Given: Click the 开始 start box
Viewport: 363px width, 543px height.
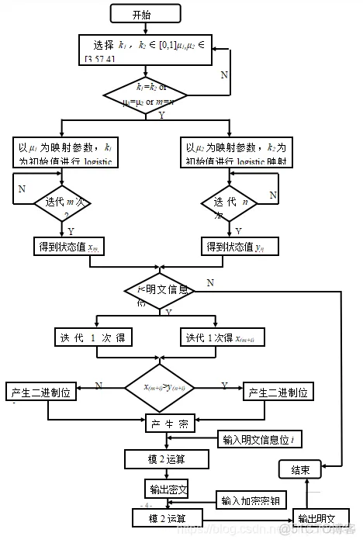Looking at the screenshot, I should point(141,14).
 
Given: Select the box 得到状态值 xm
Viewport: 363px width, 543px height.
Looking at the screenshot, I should point(69,247).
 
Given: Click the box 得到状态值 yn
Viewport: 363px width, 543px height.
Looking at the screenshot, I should point(237,247).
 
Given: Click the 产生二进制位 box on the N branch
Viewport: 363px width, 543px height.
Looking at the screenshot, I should point(40,393).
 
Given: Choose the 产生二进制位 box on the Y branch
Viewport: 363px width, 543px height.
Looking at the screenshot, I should point(278,393).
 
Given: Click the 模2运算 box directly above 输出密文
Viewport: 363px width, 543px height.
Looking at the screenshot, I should point(167,459).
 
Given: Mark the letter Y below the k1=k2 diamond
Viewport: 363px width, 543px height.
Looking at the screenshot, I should point(161,116).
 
